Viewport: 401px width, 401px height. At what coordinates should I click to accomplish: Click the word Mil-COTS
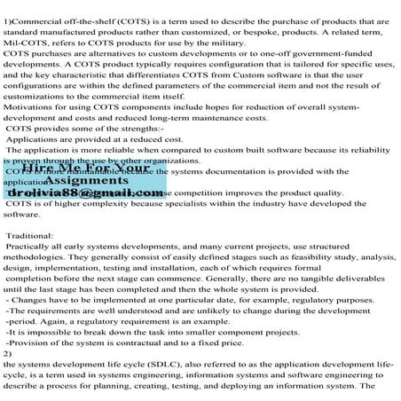[24, 41]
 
